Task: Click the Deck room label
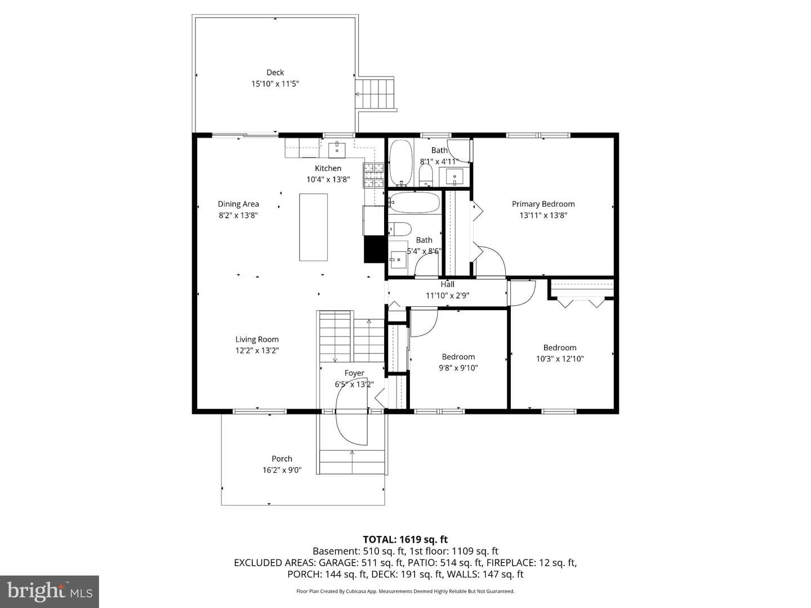pyautogui.click(x=275, y=73)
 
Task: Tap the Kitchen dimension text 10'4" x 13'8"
pyautogui.click(x=328, y=180)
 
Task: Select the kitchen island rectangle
pyautogui.click(x=313, y=227)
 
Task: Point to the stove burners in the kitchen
pyautogui.click(x=375, y=175)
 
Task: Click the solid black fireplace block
pyautogui.click(x=375, y=249)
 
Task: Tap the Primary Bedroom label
pyautogui.click(x=543, y=204)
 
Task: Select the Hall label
pyautogui.click(x=447, y=284)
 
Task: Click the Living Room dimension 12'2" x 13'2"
pyautogui.click(x=257, y=350)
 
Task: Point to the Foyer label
pyautogui.click(x=354, y=373)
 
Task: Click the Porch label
pyautogui.click(x=282, y=459)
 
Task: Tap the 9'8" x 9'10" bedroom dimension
pyautogui.click(x=458, y=368)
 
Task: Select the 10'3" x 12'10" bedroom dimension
pyautogui.click(x=560, y=359)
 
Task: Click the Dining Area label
pyautogui.click(x=238, y=204)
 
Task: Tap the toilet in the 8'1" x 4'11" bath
pyautogui.click(x=426, y=175)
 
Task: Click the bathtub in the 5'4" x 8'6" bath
pyautogui.click(x=415, y=202)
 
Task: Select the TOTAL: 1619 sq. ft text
pyautogui.click(x=405, y=540)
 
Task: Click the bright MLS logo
pyautogui.click(x=50, y=591)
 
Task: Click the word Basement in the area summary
pyautogui.click(x=336, y=551)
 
